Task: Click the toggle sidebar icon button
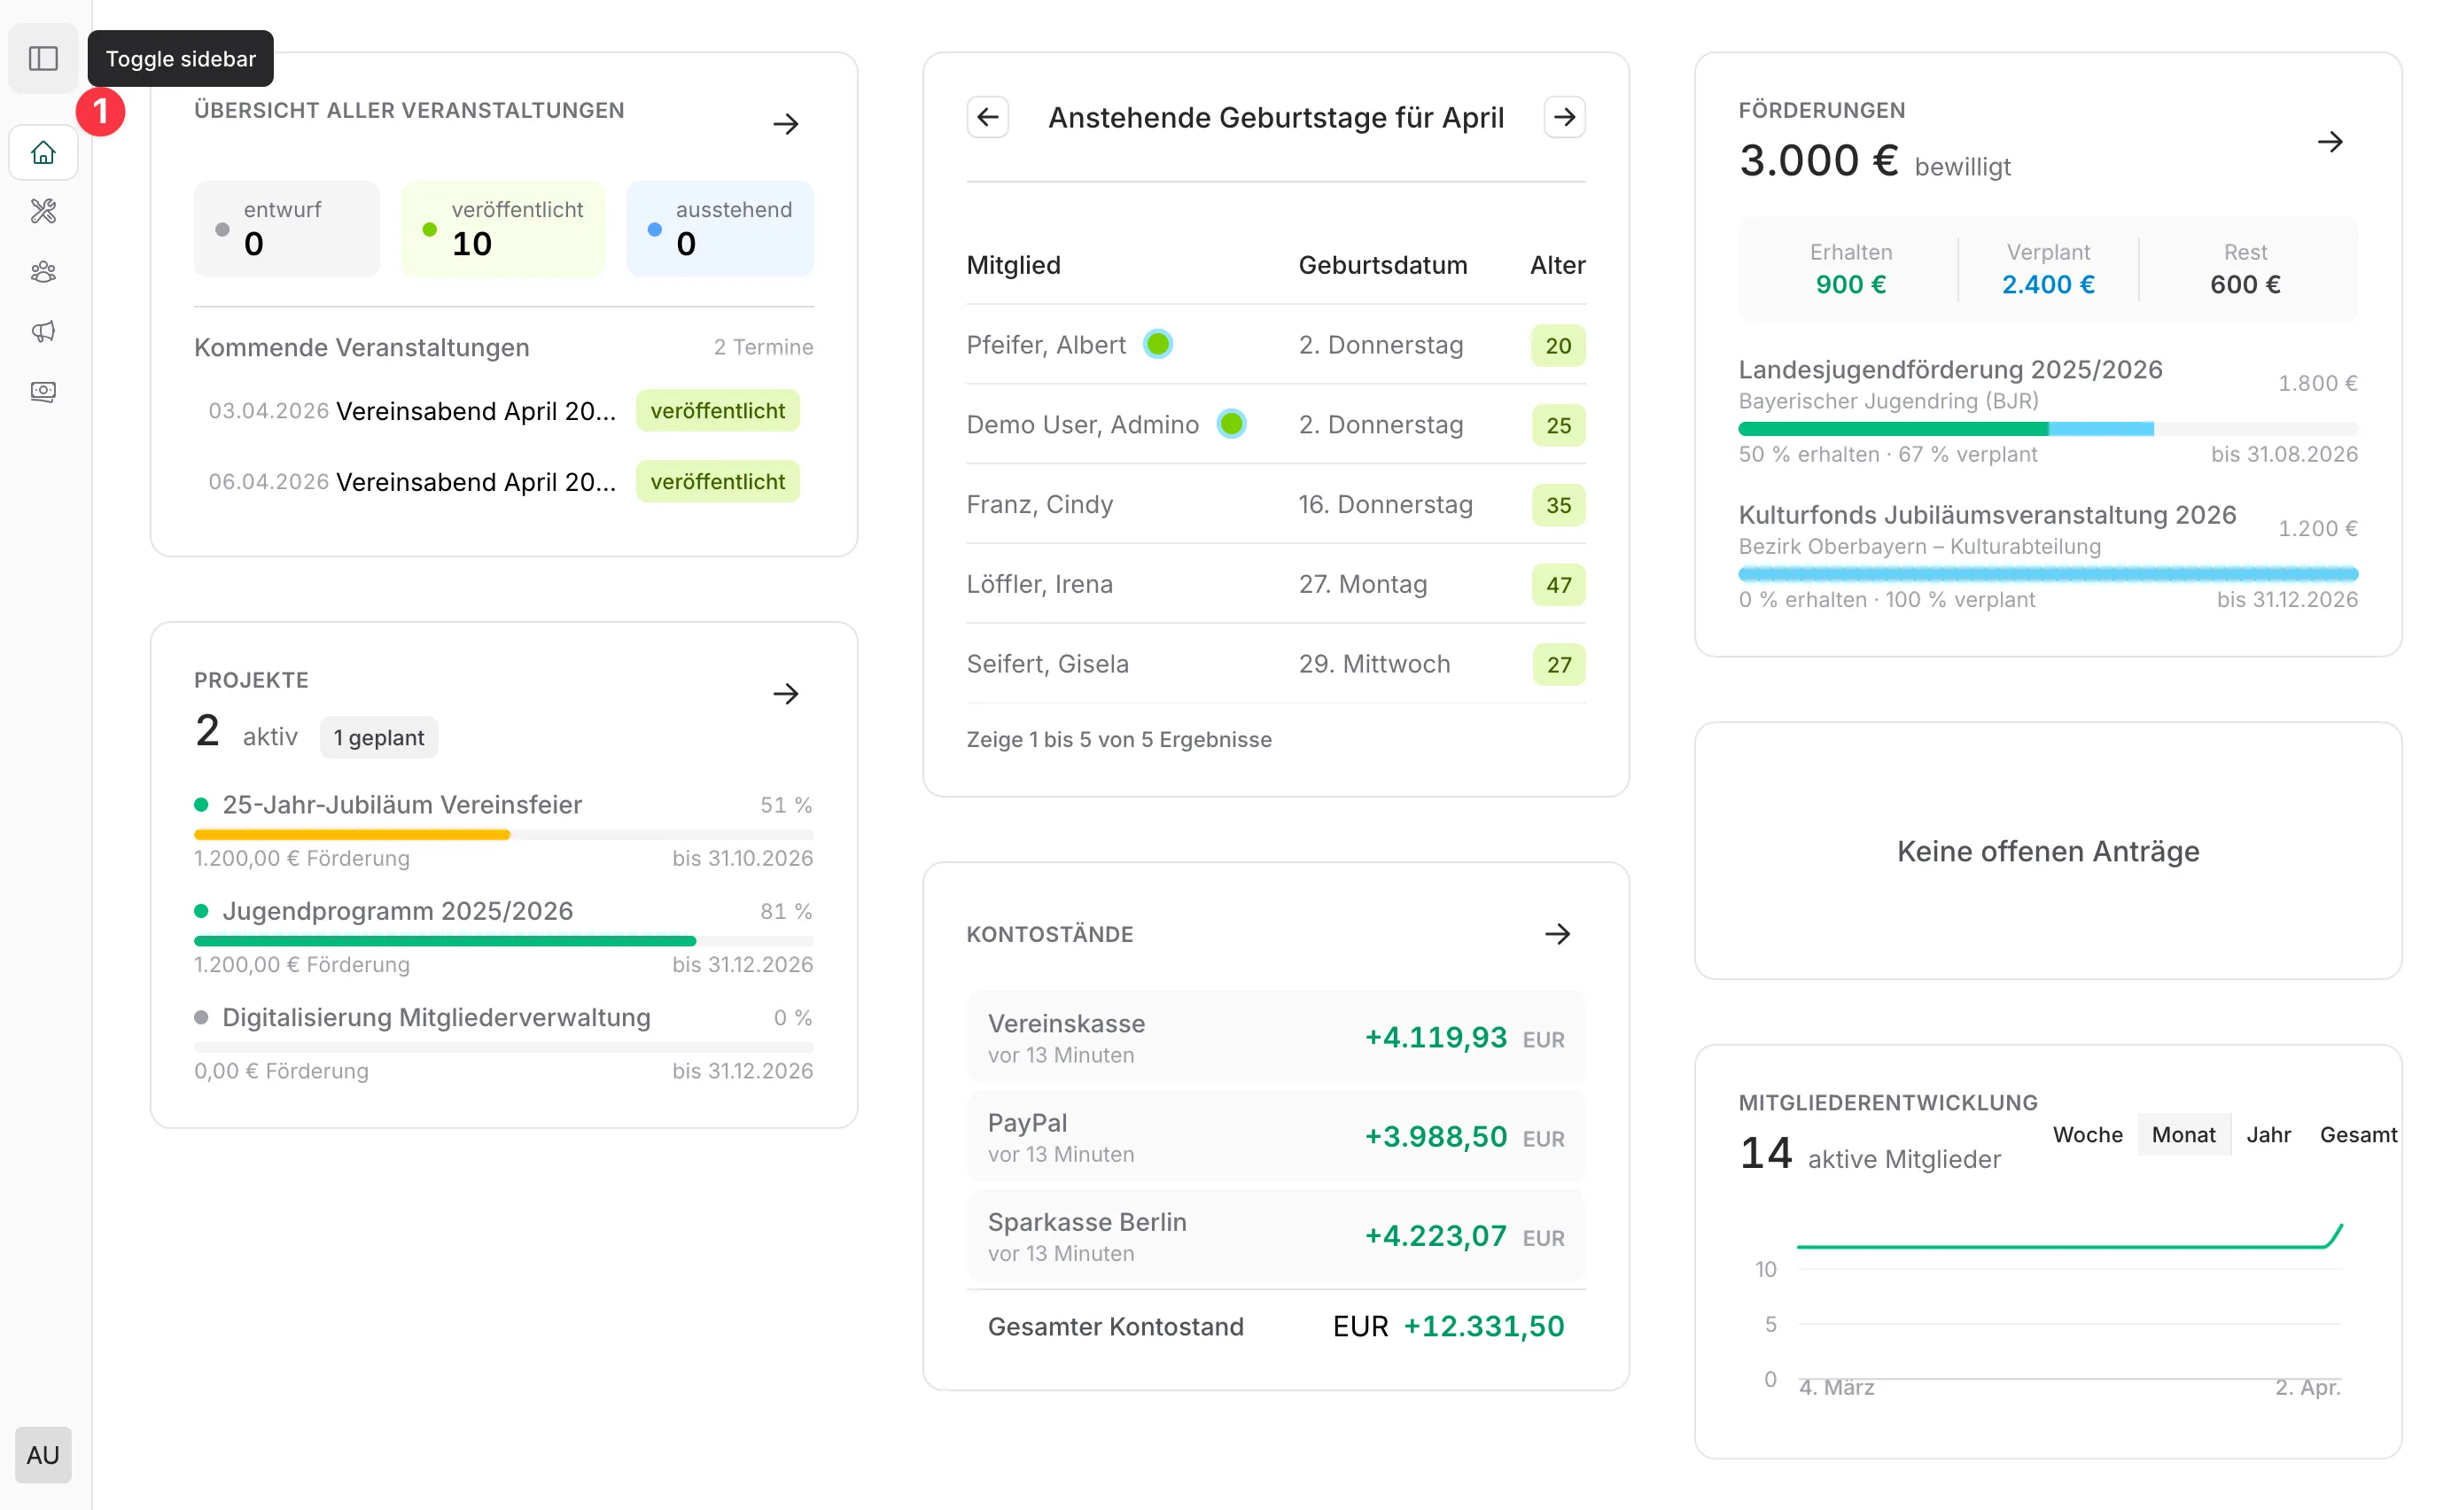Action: (x=43, y=58)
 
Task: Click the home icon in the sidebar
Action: (x=43, y=152)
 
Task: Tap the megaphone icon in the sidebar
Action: (x=43, y=331)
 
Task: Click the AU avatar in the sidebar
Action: (x=43, y=1454)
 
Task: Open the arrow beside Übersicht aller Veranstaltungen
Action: (x=786, y=125)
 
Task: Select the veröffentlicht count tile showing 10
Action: (x=503, y=229)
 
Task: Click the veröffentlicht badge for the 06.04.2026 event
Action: (x=717, y=481)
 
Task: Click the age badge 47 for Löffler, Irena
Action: (x=1558, y=585)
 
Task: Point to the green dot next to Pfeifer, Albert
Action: (x=1158, y=345)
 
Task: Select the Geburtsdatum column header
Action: (x=1381, y=266)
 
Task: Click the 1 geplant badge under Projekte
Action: (x=378, y=738)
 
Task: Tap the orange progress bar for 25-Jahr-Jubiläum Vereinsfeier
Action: (x=352, y=834)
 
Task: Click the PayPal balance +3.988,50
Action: (x=1435, y=1137)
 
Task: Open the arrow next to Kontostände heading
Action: (x=1558, y=935)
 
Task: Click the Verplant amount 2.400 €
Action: (x=2048, y=284)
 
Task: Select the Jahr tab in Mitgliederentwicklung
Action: (x=2268, y=1134)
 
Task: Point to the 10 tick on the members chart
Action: (x=1765, y=1269)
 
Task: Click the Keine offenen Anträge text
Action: (x=2048, y=852)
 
